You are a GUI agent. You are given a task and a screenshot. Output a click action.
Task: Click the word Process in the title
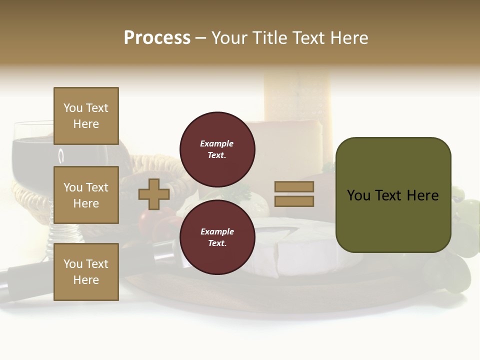(157, 38)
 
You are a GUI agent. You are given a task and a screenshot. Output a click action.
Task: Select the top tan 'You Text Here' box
(86, 116)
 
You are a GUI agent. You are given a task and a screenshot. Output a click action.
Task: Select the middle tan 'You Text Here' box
(86, 195)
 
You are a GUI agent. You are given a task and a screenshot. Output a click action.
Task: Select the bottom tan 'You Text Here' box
(86, 271)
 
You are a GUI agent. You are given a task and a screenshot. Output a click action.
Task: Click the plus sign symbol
(154, 194)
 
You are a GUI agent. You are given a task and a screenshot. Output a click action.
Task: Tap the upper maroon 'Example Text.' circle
(217, 149)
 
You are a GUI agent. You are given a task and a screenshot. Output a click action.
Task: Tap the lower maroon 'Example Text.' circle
(217, 237)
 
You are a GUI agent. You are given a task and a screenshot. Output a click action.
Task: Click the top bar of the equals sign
(294, 186)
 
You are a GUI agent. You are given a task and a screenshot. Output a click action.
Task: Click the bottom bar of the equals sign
(294, 201)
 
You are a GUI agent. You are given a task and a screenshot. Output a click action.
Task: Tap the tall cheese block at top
(295, 95)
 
